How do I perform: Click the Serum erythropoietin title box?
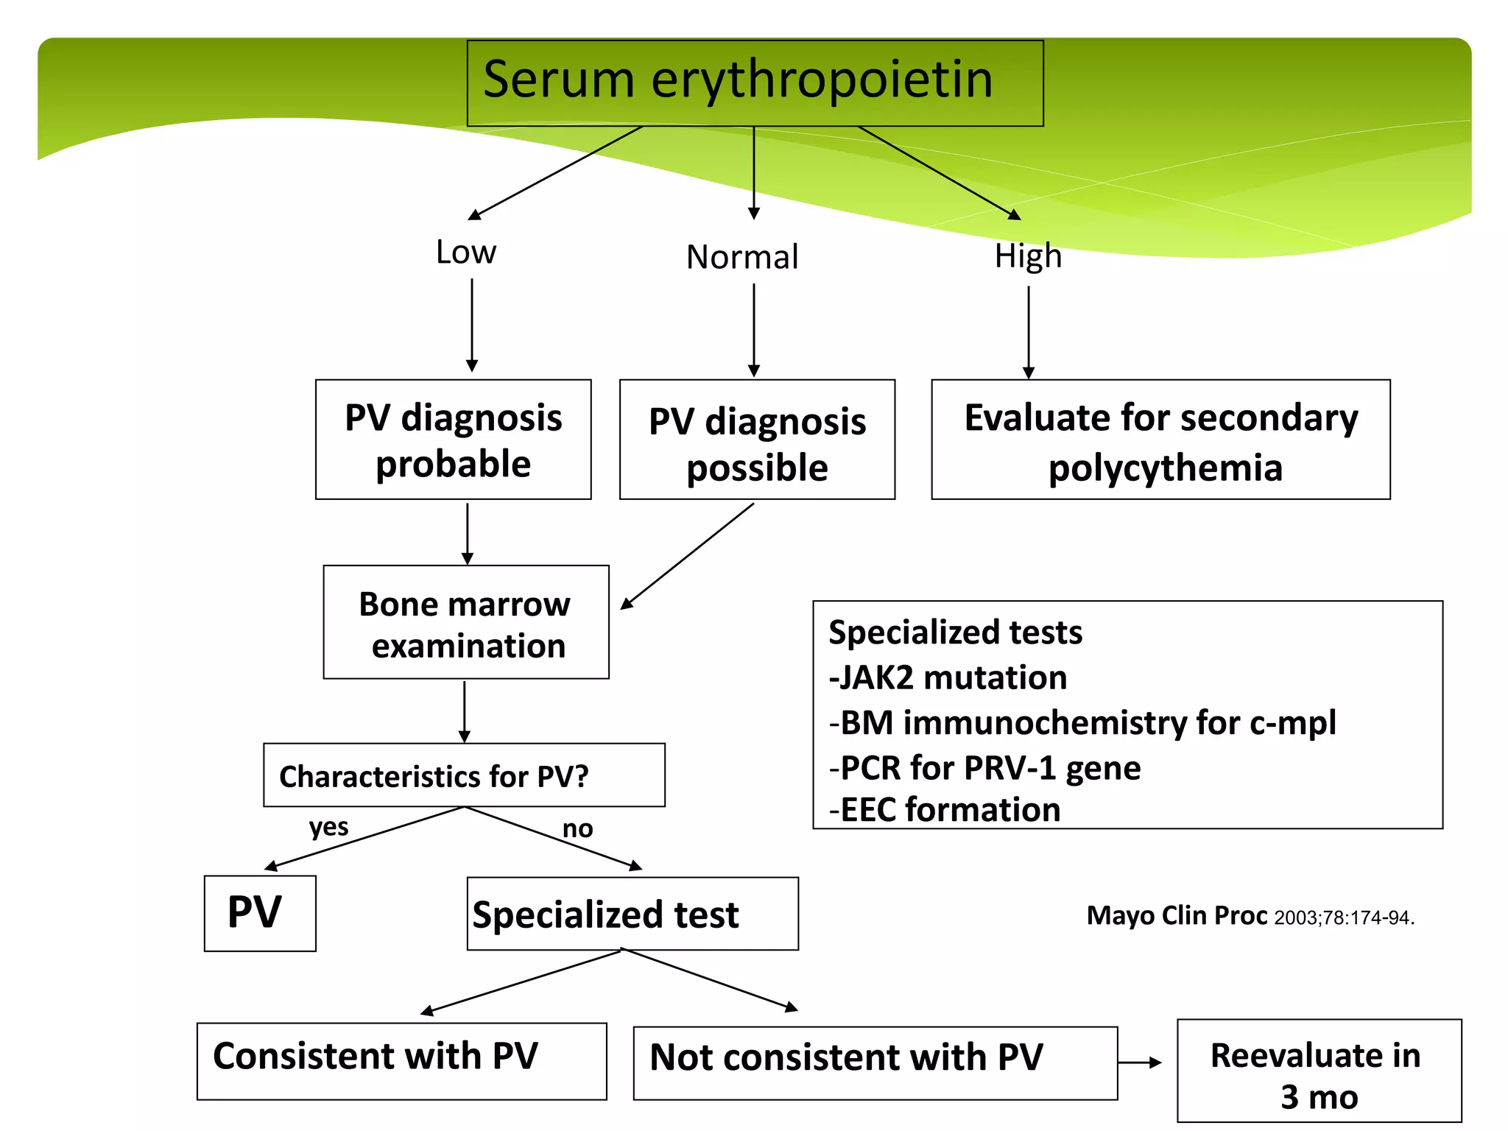(x=754, y=82)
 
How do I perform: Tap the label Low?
(x=465, y=253)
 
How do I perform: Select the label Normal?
(x=742, y=257)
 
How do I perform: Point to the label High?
(x=1028, y=256)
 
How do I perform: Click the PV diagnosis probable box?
(x=453, y=440)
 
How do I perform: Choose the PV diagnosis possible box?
(x=757, y=440)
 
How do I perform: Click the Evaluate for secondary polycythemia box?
(x=1160, y=440)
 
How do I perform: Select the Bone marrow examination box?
(x=465, y=622)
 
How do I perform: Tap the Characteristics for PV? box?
(x=464, y=775)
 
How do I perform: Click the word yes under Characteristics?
(x=328, y=827)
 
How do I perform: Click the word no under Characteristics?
(x=577, y=829)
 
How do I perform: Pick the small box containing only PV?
(x=259, y=913)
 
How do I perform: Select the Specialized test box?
(x=632, y=914)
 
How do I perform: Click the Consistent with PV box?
(x=401, y=1060)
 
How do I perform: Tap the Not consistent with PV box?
(x=875, y=1063)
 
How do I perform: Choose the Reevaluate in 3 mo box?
(x=1318, y=1071)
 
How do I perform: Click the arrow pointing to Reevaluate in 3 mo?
(x=1140, y=1063)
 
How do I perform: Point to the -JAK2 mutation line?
(x=948, y=677)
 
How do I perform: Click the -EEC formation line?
(x=945, y=809)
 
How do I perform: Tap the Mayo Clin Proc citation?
(x=1250, y=916)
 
